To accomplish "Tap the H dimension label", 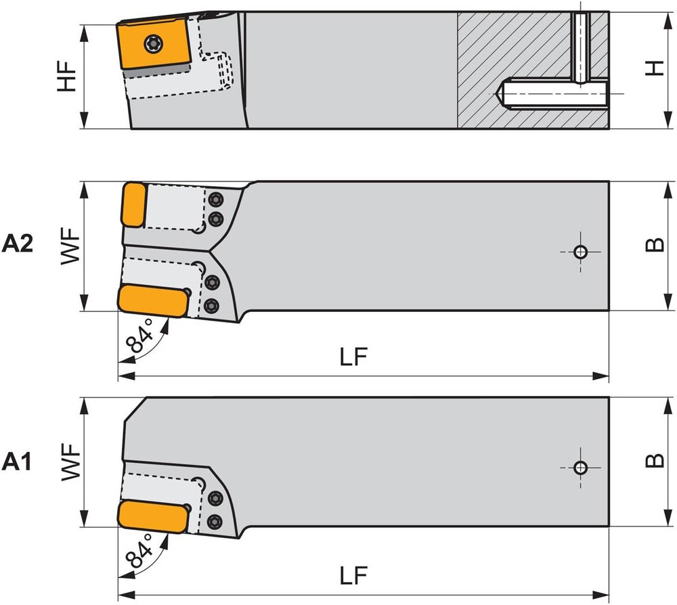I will (653, 68).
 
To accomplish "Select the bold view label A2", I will (18, 244).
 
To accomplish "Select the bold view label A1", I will (18, 462).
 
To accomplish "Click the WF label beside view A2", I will (70, 246).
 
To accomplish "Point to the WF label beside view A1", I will (70, 462).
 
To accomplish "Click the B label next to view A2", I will (654, 245).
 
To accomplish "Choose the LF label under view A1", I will (353, 576).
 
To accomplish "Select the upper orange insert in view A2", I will (133, 204).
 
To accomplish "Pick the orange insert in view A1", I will (152, 516).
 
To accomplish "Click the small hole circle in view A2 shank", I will (580, 252).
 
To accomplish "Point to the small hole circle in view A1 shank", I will (580, 468).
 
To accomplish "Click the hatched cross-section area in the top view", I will (515, 68).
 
